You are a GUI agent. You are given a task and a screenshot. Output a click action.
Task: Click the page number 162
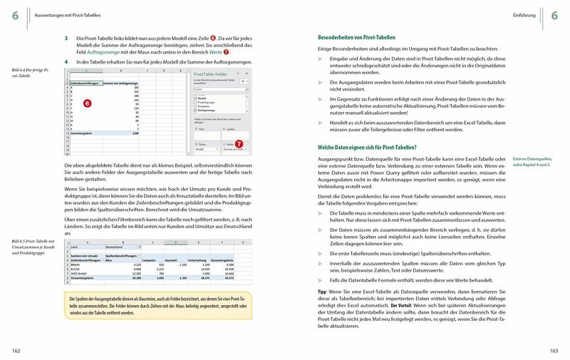click(16, 349)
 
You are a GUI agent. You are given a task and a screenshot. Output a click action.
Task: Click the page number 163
click(554, 349)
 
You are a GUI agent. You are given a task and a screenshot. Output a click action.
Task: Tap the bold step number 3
click(66, 37)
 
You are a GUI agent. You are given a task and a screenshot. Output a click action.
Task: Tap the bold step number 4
click(66, 62)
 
